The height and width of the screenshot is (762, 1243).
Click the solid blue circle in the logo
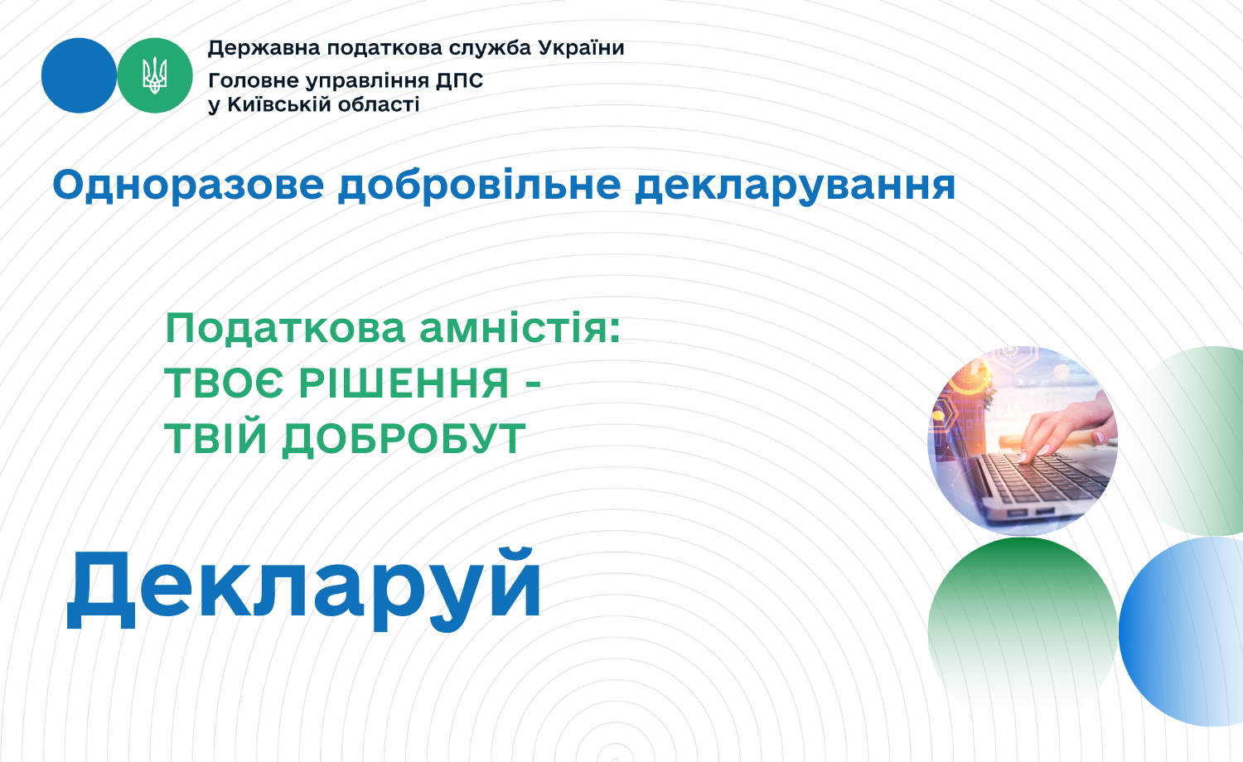(79, 75)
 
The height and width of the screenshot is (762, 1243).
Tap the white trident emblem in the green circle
(155, 75)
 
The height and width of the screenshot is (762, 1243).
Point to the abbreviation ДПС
(459, 81)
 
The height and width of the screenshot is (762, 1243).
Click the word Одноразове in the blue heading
(188, 186)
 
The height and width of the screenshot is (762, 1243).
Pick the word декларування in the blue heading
(796, 186)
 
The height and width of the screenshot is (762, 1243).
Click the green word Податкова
(285, 328)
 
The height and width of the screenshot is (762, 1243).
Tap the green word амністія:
(520, 328)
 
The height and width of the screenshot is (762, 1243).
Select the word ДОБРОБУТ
(404, 439)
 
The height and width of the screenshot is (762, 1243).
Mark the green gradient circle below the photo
(1023, 624)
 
